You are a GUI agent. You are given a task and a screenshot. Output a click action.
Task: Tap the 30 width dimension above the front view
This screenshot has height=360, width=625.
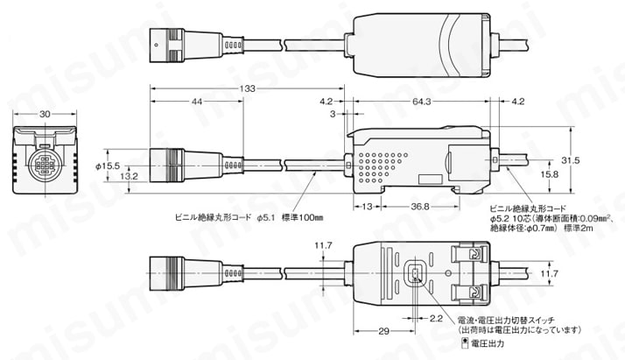(x=45, y=114)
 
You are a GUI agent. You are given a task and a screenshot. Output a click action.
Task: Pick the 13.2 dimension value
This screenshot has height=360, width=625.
(x=129, y=176)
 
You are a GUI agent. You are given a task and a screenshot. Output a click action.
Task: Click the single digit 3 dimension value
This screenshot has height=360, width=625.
(x=332, y=113)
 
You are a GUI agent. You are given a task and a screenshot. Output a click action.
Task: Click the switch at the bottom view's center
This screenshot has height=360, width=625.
(x=415, y=273)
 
